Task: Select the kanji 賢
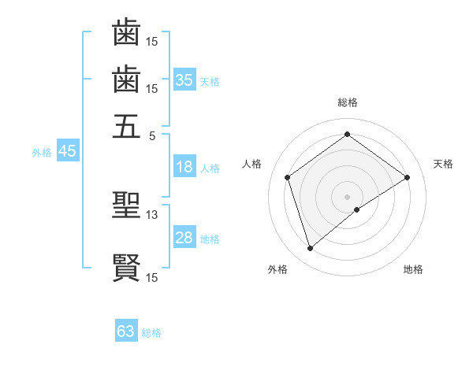pos(126,268)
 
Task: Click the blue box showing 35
pos(184,80)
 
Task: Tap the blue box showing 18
pos(184,167)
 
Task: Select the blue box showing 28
pos(184,238)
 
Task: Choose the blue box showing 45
pos(67,152)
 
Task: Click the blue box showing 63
pos(126,331)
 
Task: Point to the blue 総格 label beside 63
pos(151,333)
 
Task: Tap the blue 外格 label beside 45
pos(42,153)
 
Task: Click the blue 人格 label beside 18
pos(210,168)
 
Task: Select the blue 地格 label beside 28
pos(210,239)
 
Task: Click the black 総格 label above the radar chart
pos(347,102)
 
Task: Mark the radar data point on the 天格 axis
pos(407,177)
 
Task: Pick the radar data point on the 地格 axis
pos(357,209)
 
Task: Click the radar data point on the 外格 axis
pos(310,249)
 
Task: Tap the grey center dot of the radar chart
pos(347,196)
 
